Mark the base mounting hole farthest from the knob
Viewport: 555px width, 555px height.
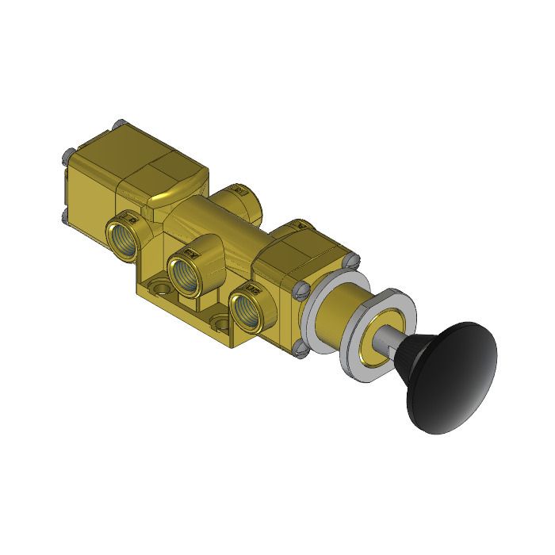point(158,285)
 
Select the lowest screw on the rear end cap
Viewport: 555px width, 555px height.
point(63,216)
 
